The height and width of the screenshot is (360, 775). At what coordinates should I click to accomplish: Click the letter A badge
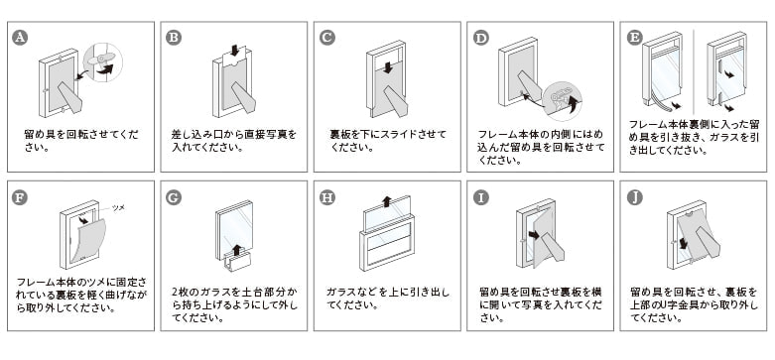(20, 38)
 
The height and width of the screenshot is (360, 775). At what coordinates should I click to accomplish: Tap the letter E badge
(635, 38)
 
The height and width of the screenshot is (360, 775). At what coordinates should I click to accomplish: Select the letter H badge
(327, 197)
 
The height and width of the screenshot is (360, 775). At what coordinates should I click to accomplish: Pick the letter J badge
(635, 197)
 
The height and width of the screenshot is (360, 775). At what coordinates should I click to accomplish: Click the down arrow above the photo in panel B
(235, 51)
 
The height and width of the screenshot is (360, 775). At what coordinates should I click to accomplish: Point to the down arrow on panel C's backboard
(388, 67)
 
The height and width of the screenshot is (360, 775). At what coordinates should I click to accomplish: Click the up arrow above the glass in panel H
(387, 201)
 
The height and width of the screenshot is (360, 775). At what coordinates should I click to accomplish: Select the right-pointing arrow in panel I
(533, 235)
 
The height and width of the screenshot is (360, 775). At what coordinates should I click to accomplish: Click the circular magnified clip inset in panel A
(102, 62)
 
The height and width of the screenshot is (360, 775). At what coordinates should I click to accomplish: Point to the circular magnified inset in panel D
(562, 101)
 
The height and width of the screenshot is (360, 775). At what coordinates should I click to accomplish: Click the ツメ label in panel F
(118, 208)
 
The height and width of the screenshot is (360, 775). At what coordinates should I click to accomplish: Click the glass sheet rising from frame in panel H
(387, 213)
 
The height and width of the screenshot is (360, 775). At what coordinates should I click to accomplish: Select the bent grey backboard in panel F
(88, 241)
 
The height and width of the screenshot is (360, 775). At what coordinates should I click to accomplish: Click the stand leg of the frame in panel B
(244, 97)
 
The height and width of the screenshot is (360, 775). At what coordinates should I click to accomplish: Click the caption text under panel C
(387, 141)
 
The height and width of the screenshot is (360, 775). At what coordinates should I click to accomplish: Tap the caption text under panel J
(694, 304)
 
